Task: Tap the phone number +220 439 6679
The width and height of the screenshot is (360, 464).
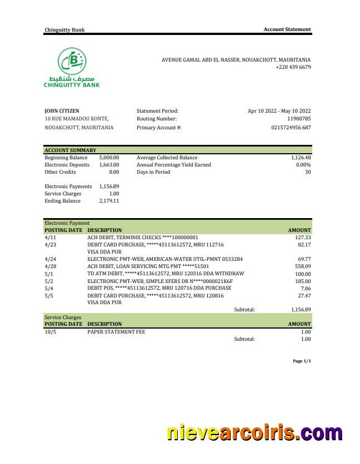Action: coord(293,67)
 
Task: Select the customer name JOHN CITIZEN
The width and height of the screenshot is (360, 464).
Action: coord(62,111)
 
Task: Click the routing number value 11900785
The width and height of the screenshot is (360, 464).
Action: coord(299,119)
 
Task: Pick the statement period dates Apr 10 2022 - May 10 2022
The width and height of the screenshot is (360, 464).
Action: coord(279,111)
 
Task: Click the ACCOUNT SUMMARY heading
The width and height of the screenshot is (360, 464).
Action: coord(70,150)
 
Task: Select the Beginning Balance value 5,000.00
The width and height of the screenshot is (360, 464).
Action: coord(109,158)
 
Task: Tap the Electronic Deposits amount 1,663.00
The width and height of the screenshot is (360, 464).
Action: coord(109,165)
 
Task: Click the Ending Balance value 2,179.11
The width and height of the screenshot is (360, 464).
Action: coord(109,201)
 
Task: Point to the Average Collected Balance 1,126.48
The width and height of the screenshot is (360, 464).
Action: coord(301,158)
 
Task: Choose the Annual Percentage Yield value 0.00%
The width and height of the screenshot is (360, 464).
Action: coord(303,165)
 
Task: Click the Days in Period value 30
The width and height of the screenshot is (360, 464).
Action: coord(308,172)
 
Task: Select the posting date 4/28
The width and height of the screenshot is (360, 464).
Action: coord(50,266)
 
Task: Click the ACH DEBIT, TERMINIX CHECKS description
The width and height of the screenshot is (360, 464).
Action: coord(142,238)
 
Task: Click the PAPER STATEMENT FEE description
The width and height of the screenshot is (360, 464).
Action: coord(116,332)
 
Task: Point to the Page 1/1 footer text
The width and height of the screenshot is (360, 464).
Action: coord(302,361)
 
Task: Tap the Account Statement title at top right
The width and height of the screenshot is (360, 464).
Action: coord(287,29)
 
